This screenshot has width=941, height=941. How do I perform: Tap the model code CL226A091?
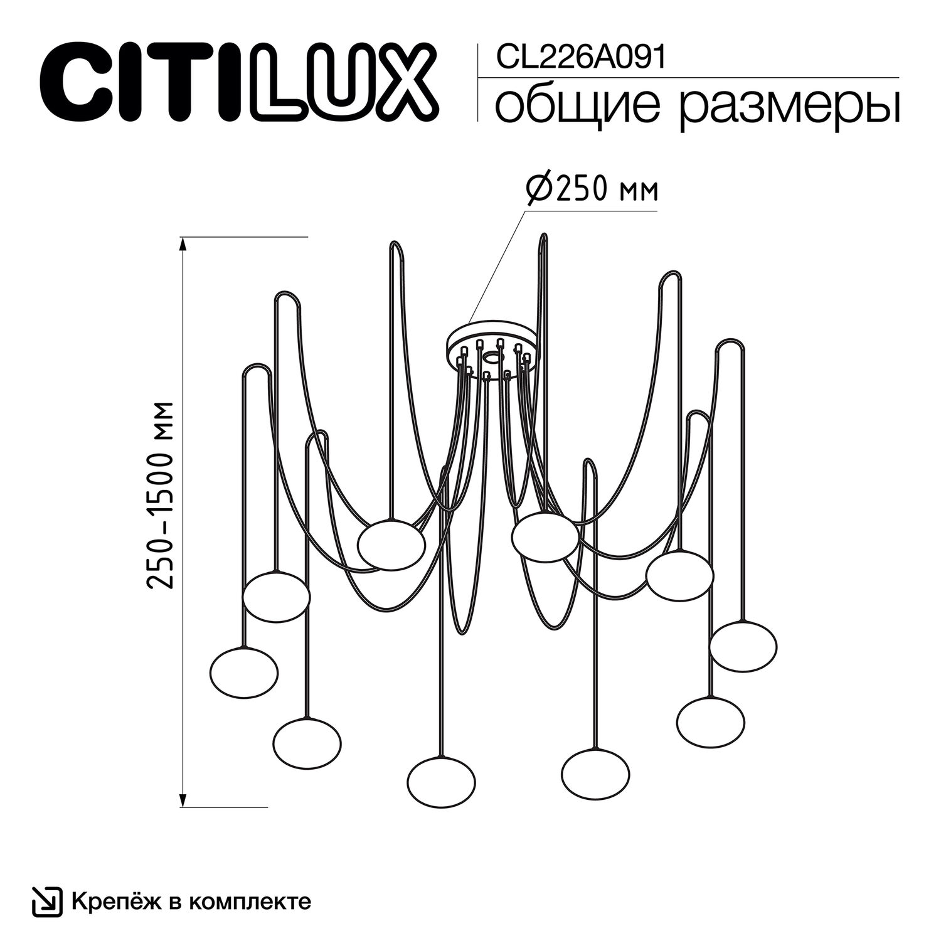tap(580, 58)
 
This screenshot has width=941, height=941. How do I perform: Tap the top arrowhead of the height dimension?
tap(183, 243)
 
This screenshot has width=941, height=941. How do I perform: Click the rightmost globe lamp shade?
tap(743, 646)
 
